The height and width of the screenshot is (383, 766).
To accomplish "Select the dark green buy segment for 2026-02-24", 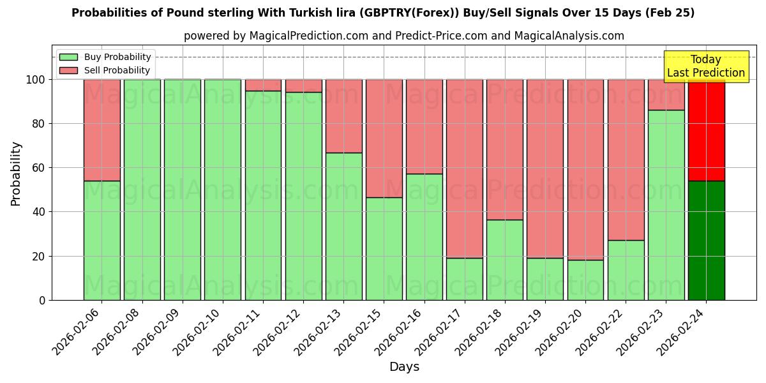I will [x=706, y=241].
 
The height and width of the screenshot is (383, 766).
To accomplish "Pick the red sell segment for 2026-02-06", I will [x=101, y=130].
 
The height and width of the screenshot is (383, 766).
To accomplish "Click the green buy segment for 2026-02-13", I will [x=343, y=227].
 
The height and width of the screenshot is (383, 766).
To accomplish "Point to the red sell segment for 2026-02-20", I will [x=585, y=170].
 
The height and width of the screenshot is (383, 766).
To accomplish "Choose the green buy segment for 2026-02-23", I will [x=666, y=205].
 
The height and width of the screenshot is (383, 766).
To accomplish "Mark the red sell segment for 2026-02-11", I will [x=263, y=85].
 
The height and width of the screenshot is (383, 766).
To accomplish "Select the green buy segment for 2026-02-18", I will [x=505, y=260].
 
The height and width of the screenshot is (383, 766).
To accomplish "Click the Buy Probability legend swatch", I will [x=68, y=57].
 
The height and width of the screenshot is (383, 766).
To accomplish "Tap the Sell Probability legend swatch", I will [x=68, y=70].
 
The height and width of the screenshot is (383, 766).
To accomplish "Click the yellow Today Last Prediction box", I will [x=706, y=66].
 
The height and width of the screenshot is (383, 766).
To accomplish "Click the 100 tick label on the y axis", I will [x=35, y=80].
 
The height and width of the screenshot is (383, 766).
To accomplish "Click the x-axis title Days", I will [x=404, y=367].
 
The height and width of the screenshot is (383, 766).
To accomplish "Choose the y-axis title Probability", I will [x=16, y=174].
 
